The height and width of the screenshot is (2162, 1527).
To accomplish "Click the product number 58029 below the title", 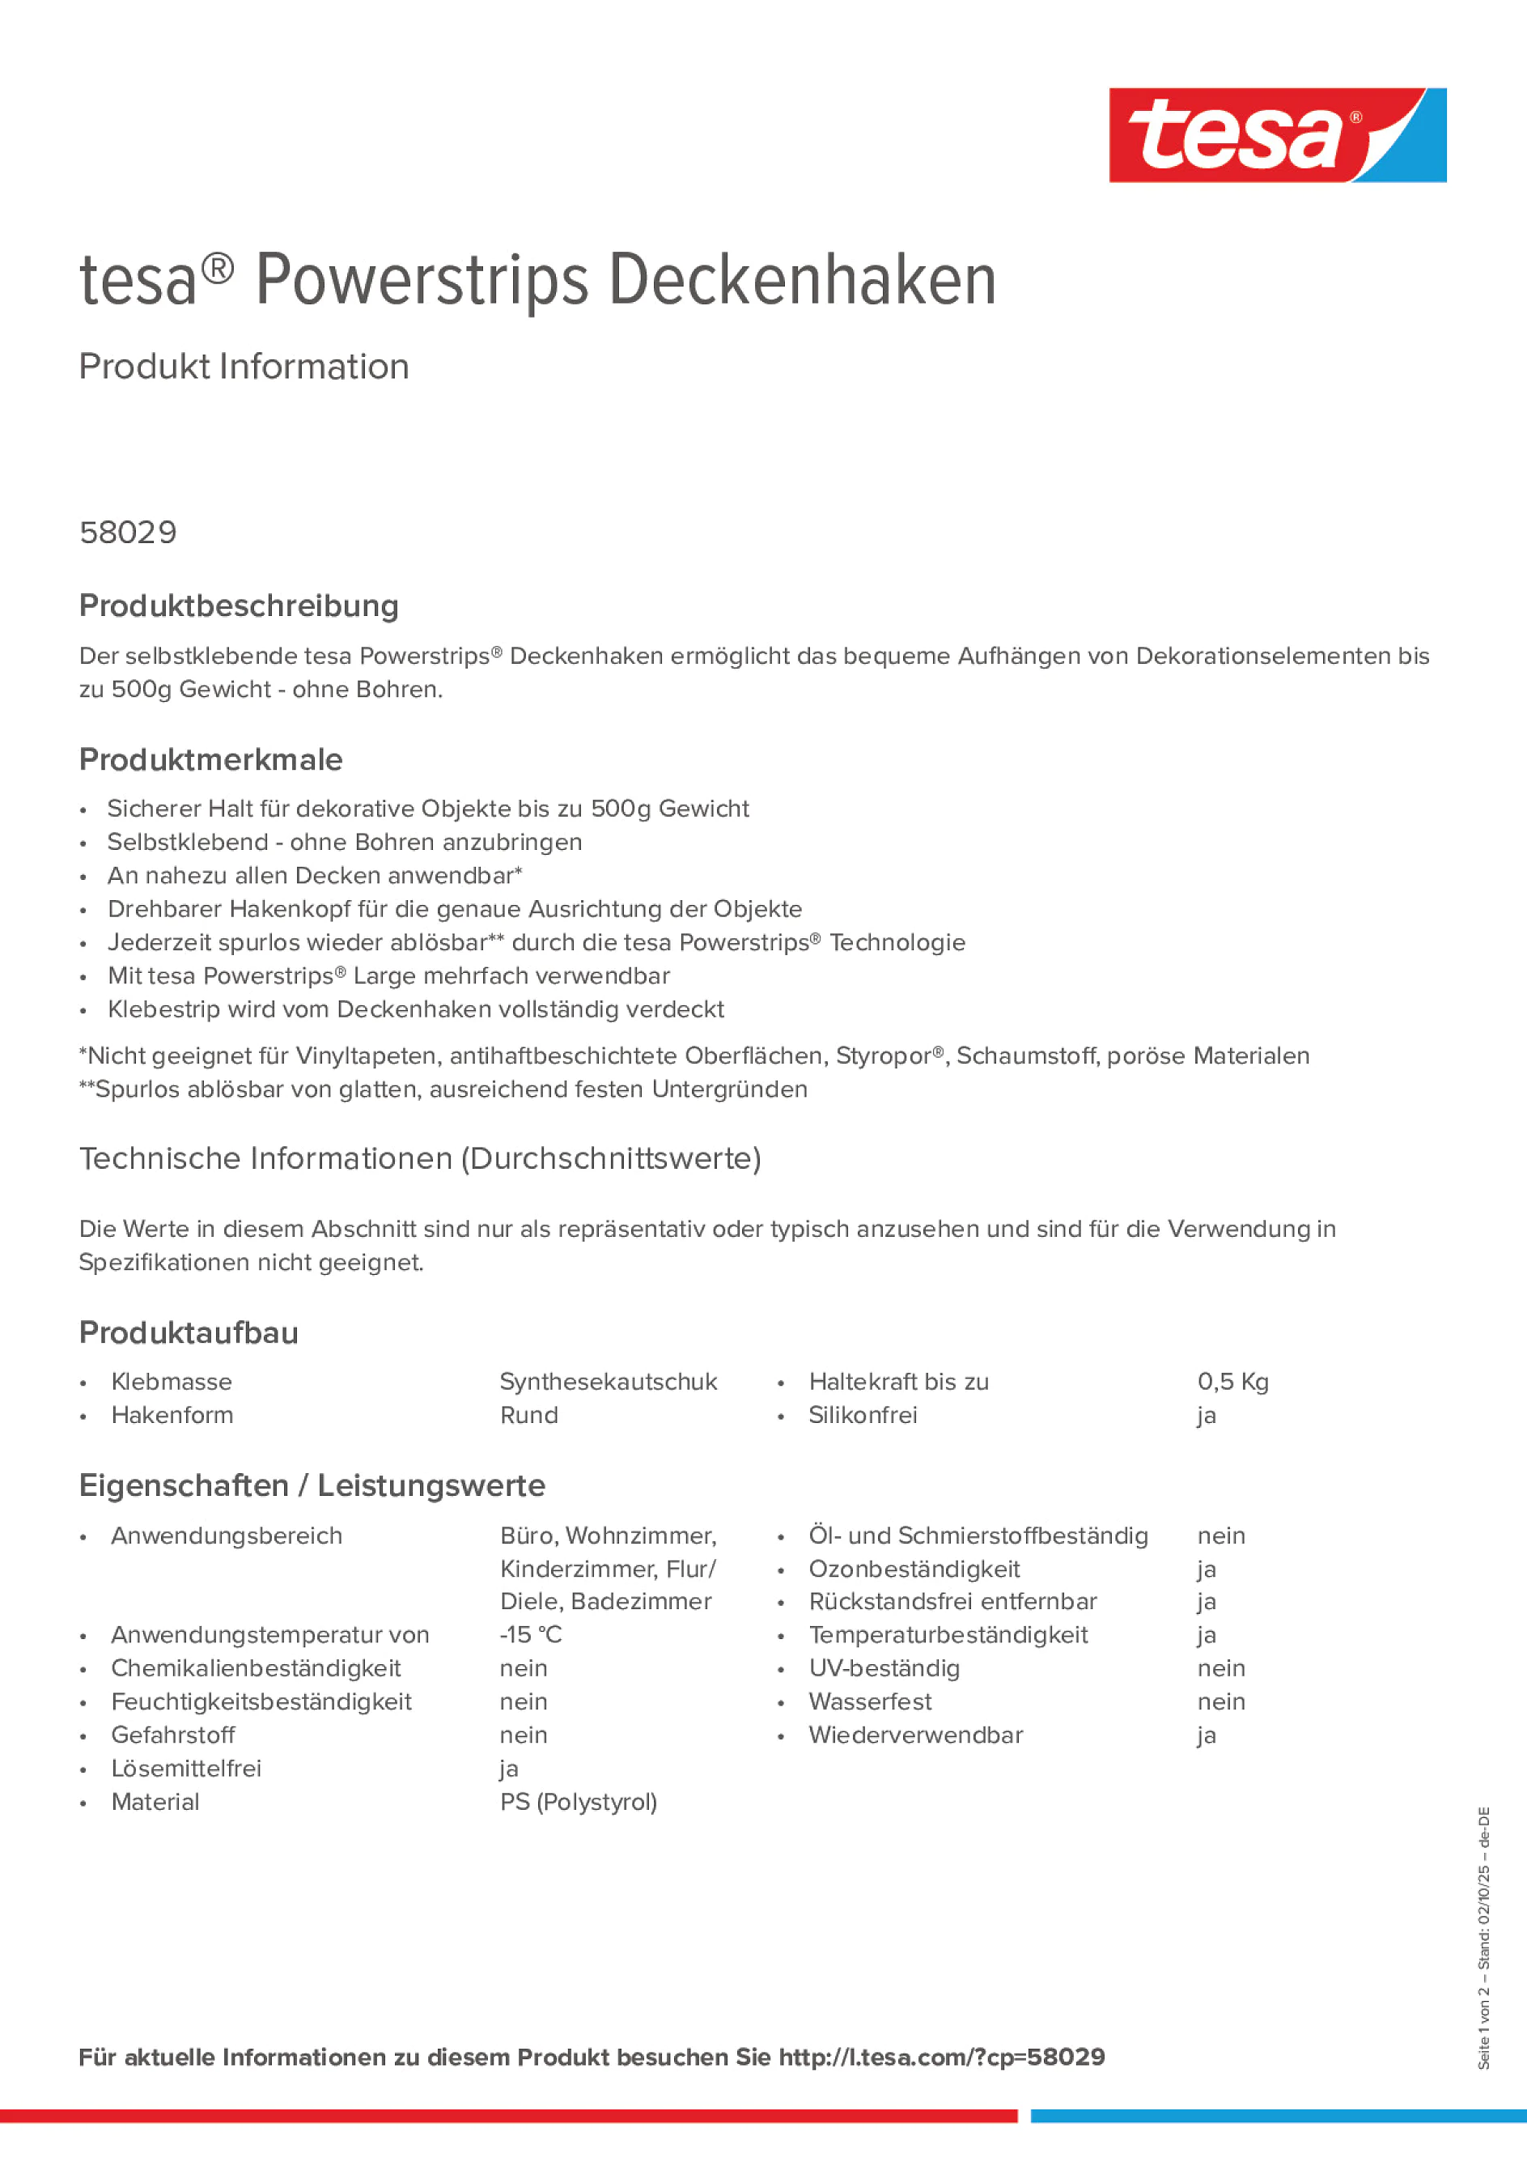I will pos(128,533).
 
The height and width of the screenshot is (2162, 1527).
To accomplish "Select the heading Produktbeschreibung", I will pos(239,606).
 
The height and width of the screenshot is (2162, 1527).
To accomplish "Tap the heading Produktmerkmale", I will pos(211,760).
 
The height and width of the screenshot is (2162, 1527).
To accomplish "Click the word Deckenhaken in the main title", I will pos(802,280).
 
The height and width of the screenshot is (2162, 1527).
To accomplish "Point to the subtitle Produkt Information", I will pos(244,367).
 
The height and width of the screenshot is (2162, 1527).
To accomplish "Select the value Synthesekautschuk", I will pos(609,1382).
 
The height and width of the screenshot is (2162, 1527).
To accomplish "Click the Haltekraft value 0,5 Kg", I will pos(1232,1382).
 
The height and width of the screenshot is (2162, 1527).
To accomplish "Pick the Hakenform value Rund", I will pos(529,1415).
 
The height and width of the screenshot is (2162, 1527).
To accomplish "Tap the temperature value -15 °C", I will pos(531,1635).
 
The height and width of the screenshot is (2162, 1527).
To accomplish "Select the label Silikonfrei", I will pos(863,1415).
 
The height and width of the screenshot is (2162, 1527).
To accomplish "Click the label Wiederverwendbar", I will pos(915,1735).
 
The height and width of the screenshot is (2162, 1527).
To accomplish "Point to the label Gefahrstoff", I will pos(173,1735).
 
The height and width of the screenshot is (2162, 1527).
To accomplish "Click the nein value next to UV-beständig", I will pos(1221,1668).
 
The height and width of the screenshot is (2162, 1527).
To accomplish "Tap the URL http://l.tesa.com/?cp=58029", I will pos(941,2058).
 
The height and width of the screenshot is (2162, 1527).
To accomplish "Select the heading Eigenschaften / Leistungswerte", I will pos(312,1486).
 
